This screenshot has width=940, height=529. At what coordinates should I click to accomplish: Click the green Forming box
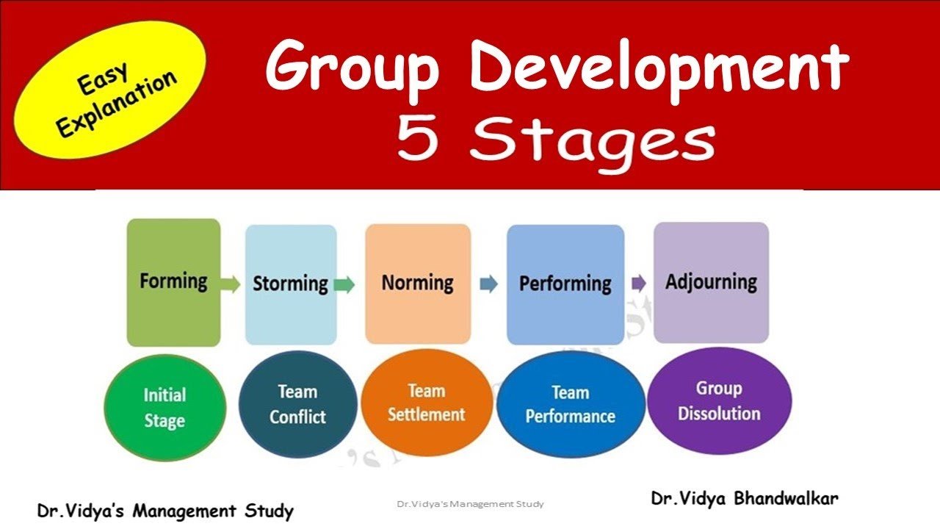coord(173,282)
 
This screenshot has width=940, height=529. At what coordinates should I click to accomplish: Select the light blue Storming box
coord(290,284)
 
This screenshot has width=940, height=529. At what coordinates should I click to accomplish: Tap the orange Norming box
coord(418,283)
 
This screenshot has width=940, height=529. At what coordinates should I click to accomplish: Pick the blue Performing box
coord(565,284)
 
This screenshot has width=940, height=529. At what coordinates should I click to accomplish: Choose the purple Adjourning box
coord(711,282)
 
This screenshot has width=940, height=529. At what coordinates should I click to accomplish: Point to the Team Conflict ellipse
coord(297,405)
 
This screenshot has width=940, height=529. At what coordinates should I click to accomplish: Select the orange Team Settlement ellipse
coord(426,403)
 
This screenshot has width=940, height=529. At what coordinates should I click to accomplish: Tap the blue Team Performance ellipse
coord(571,405)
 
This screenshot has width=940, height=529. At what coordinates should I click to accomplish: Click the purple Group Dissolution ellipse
coord(719,401)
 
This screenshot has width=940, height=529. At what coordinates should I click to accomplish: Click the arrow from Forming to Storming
coord(231,284)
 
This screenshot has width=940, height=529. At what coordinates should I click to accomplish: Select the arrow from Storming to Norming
coord(344,284)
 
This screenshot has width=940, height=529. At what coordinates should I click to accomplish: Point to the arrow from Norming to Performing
coord(488,284)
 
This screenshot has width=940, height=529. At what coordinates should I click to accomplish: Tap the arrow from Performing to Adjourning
coord(638,283)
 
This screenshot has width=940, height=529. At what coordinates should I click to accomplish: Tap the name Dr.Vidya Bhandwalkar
coord(744,498)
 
